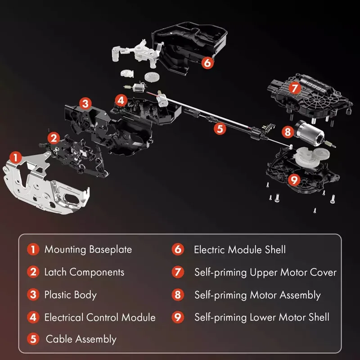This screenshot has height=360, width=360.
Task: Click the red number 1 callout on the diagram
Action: (x=16, y=157)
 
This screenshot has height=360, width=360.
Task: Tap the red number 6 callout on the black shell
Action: (x=207, y=63)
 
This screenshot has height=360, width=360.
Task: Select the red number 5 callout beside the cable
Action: (x=220, y=129)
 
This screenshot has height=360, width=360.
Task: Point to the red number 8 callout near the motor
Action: (x=288, y=132)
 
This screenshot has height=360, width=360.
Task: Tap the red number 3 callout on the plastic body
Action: (x=85, y=103)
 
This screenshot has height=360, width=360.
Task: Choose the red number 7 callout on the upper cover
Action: (x=295, y=88)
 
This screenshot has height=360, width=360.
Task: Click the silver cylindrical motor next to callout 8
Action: (x=310, y=133)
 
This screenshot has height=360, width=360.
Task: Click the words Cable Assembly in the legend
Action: (x=81, y=339)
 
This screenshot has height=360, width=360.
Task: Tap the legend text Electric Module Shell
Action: (x=240, y=250)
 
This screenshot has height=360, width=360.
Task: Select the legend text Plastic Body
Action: (x=71, y=295)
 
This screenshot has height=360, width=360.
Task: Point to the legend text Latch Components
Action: (x=84, y=273)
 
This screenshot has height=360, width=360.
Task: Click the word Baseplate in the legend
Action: (x=110, y=250)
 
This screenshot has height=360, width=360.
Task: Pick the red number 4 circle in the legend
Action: (x=33, y=317)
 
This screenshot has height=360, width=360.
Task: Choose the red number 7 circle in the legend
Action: (x=178, y=272)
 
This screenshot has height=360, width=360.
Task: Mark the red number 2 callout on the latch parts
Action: (x=54, y=138)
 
